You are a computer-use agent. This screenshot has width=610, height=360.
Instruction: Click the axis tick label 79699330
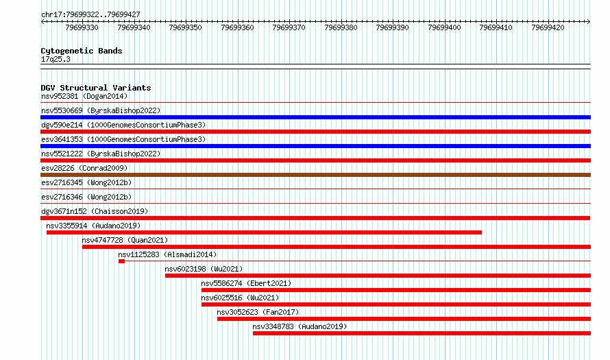click(82, 27)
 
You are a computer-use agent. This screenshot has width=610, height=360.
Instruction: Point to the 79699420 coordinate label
click(548, 27)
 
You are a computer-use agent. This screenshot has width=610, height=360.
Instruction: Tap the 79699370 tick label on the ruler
click(289, 27)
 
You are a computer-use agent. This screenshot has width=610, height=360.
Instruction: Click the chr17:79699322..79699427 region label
click(90, 14)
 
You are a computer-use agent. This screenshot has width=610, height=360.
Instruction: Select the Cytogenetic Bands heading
click(82, 51)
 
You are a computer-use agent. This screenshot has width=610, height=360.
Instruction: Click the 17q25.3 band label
click(56, 59)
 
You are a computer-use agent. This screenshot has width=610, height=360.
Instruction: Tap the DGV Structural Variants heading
click(96, 88)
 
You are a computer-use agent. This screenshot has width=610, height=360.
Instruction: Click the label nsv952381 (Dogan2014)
click(84, 96)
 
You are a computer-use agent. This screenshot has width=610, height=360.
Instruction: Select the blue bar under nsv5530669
click(315, 117)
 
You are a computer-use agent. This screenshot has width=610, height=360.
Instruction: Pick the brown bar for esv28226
click(315, 175)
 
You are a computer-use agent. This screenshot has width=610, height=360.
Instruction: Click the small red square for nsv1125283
click(122, 261)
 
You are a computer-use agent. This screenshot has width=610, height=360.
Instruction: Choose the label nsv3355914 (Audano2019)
click(93, 226)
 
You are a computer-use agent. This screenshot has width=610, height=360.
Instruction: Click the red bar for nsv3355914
click(264, 232)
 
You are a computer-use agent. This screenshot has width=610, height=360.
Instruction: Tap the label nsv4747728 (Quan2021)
click(125, 240)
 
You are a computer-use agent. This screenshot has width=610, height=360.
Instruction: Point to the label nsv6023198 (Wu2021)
click(204, 269)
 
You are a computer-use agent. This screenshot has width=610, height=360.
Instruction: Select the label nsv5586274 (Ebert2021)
click(246, 283)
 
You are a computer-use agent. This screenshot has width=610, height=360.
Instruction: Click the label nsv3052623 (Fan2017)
click(258, 312)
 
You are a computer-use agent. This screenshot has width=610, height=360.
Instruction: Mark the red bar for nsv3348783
click(422, 333)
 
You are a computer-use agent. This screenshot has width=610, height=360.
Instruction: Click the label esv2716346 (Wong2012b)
click(86, 197)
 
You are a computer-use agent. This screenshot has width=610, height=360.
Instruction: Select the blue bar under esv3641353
click(315, 146)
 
